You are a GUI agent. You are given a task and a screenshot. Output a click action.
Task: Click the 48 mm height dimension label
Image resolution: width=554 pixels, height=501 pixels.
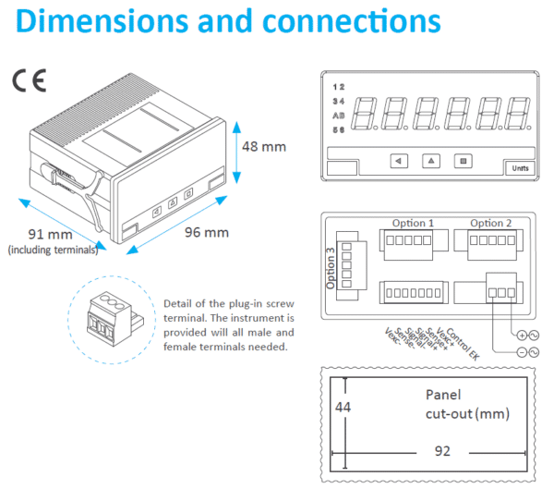265,146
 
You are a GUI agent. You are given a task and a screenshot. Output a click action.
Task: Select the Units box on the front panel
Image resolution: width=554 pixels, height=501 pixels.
518,167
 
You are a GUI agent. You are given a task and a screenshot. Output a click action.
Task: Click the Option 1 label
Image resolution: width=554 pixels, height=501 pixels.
413,223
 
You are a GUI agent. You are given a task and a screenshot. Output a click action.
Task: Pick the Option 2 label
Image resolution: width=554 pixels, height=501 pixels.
490,223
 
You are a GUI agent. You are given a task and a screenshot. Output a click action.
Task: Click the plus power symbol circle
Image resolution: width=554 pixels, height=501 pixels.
522,335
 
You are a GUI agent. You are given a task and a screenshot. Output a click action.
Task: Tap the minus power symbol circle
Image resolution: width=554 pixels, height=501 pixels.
522,352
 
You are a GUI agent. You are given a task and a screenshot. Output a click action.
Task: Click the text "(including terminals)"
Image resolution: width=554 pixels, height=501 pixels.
53,250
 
